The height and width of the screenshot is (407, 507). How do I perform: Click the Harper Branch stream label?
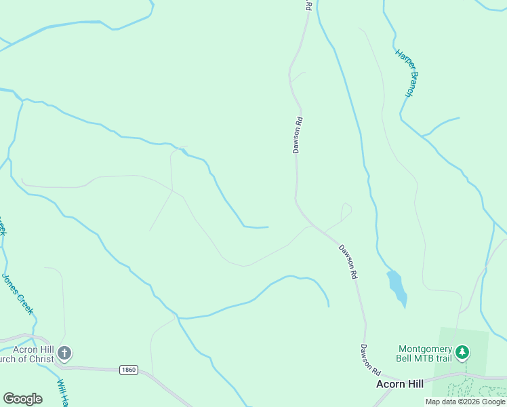tap(405, 73)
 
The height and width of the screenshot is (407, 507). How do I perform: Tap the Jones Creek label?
tap(18, 293)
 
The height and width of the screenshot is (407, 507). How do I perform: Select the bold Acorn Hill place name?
tap(400, 384)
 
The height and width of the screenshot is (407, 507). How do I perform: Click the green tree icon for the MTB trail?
tap(462, 352)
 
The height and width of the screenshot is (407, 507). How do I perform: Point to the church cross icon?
tap(64, 353)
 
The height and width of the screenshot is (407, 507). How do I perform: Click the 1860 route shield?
tap(128, 370)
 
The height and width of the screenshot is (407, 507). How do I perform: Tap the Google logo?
tap(22, 399)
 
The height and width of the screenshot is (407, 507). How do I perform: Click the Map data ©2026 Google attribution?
tap(465, 402)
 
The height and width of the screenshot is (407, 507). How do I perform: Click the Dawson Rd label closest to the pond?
tap(348, 263)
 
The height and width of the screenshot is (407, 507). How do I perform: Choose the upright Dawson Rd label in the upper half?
tap(297, 135)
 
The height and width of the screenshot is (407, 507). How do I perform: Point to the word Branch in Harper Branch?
tap(409, 83)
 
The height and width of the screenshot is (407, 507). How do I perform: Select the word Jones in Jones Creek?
tap(11, 284)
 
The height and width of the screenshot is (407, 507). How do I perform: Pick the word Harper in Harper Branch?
tap(401, 60)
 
